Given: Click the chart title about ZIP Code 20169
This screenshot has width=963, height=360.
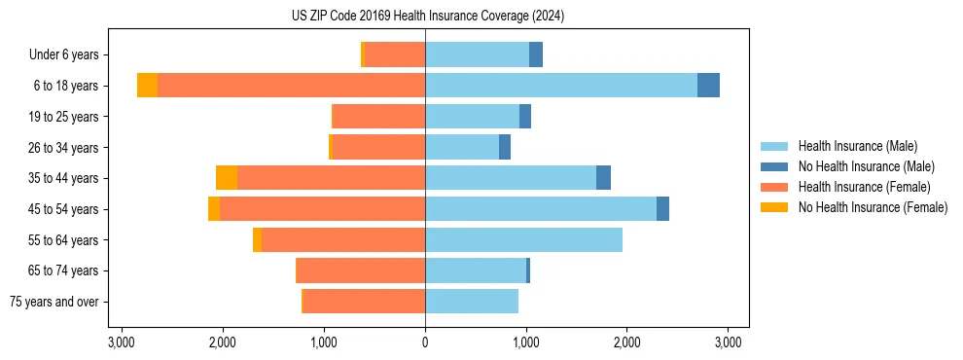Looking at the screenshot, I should (427, 17).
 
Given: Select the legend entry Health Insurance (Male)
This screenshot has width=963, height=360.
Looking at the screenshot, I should (857, 146).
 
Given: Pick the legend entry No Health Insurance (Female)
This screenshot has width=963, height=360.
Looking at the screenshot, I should (873, 207).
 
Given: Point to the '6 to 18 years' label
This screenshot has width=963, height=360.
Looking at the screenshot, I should (65, 86).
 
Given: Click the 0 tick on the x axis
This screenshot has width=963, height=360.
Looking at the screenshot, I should (425, 342).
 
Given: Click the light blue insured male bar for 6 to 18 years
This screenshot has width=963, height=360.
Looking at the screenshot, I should (561, 86).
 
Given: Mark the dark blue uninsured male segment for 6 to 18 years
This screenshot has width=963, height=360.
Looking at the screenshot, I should (708, 86).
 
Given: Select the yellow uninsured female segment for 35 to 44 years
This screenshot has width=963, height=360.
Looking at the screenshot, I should (227, 178).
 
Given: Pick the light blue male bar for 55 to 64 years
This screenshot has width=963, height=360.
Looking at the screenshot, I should (523, 239).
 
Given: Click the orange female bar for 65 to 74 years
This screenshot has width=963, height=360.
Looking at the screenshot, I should (361, 270).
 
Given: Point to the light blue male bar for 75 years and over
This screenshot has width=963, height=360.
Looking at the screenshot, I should (472, 302).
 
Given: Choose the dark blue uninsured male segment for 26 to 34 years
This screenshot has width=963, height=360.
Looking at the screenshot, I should (505, 147).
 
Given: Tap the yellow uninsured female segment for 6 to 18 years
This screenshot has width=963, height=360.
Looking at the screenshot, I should (147, 86).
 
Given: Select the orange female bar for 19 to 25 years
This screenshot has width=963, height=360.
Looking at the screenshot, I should (378, 117).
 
